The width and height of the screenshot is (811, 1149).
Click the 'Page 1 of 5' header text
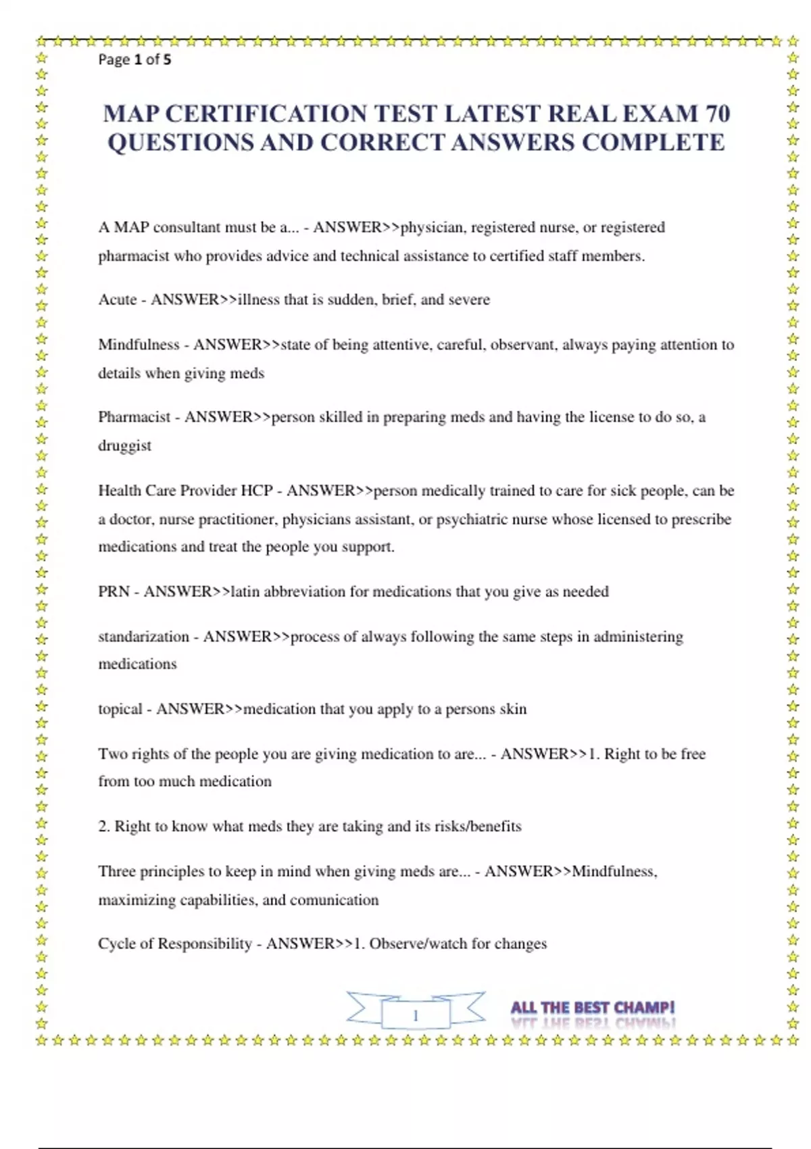point(134,59)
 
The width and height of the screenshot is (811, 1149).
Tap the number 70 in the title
point(717,114)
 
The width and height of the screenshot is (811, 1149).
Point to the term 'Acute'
point(118,299)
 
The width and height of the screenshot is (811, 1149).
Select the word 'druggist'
point(124,446)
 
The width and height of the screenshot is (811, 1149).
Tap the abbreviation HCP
point(256,491)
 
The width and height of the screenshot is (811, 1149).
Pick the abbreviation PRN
point(114,592)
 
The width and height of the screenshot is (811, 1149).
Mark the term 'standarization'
point(143,637)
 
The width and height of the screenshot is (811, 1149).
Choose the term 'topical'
point(120,709)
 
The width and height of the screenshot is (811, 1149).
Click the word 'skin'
point(513,709)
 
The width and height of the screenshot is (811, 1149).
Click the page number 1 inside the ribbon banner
point(416,1015)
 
